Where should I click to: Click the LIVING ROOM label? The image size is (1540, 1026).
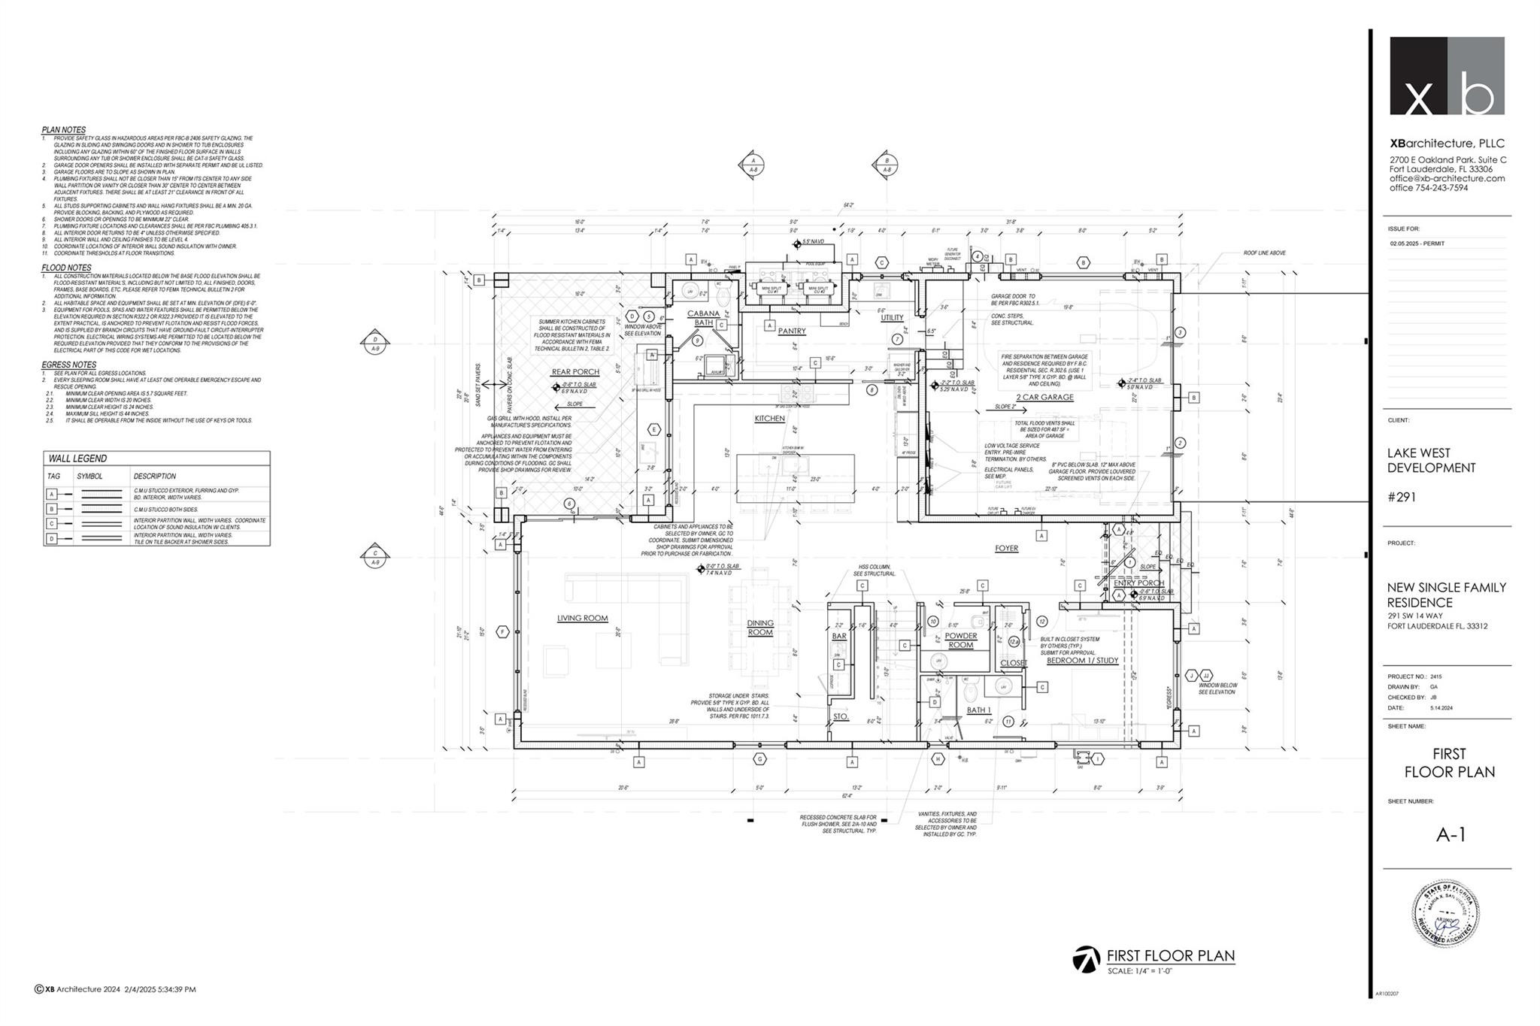pos(582,619)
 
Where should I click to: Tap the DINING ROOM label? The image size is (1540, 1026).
pos(760,628)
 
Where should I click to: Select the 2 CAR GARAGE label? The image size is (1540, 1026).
pos(1044,398)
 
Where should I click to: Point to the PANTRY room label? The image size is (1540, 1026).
pos(792,331)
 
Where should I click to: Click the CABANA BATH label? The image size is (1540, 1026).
pos(703,318)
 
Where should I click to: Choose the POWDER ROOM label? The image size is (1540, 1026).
pos(960,640)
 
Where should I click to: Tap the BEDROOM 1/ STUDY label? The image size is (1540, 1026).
pos(1082,661)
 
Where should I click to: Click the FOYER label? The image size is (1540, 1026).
pos(1006,549)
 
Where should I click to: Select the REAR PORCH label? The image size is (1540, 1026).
pos(575,372)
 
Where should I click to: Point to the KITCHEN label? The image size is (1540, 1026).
pos(769,419)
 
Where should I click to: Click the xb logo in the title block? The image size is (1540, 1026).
pos(1447,76)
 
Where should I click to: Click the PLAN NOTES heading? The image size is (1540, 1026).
pos(63,130)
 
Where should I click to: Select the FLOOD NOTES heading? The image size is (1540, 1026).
pos(66,268)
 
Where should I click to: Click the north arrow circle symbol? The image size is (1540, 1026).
pos(1085,959)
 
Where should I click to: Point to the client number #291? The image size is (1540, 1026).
pos(1402,497)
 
